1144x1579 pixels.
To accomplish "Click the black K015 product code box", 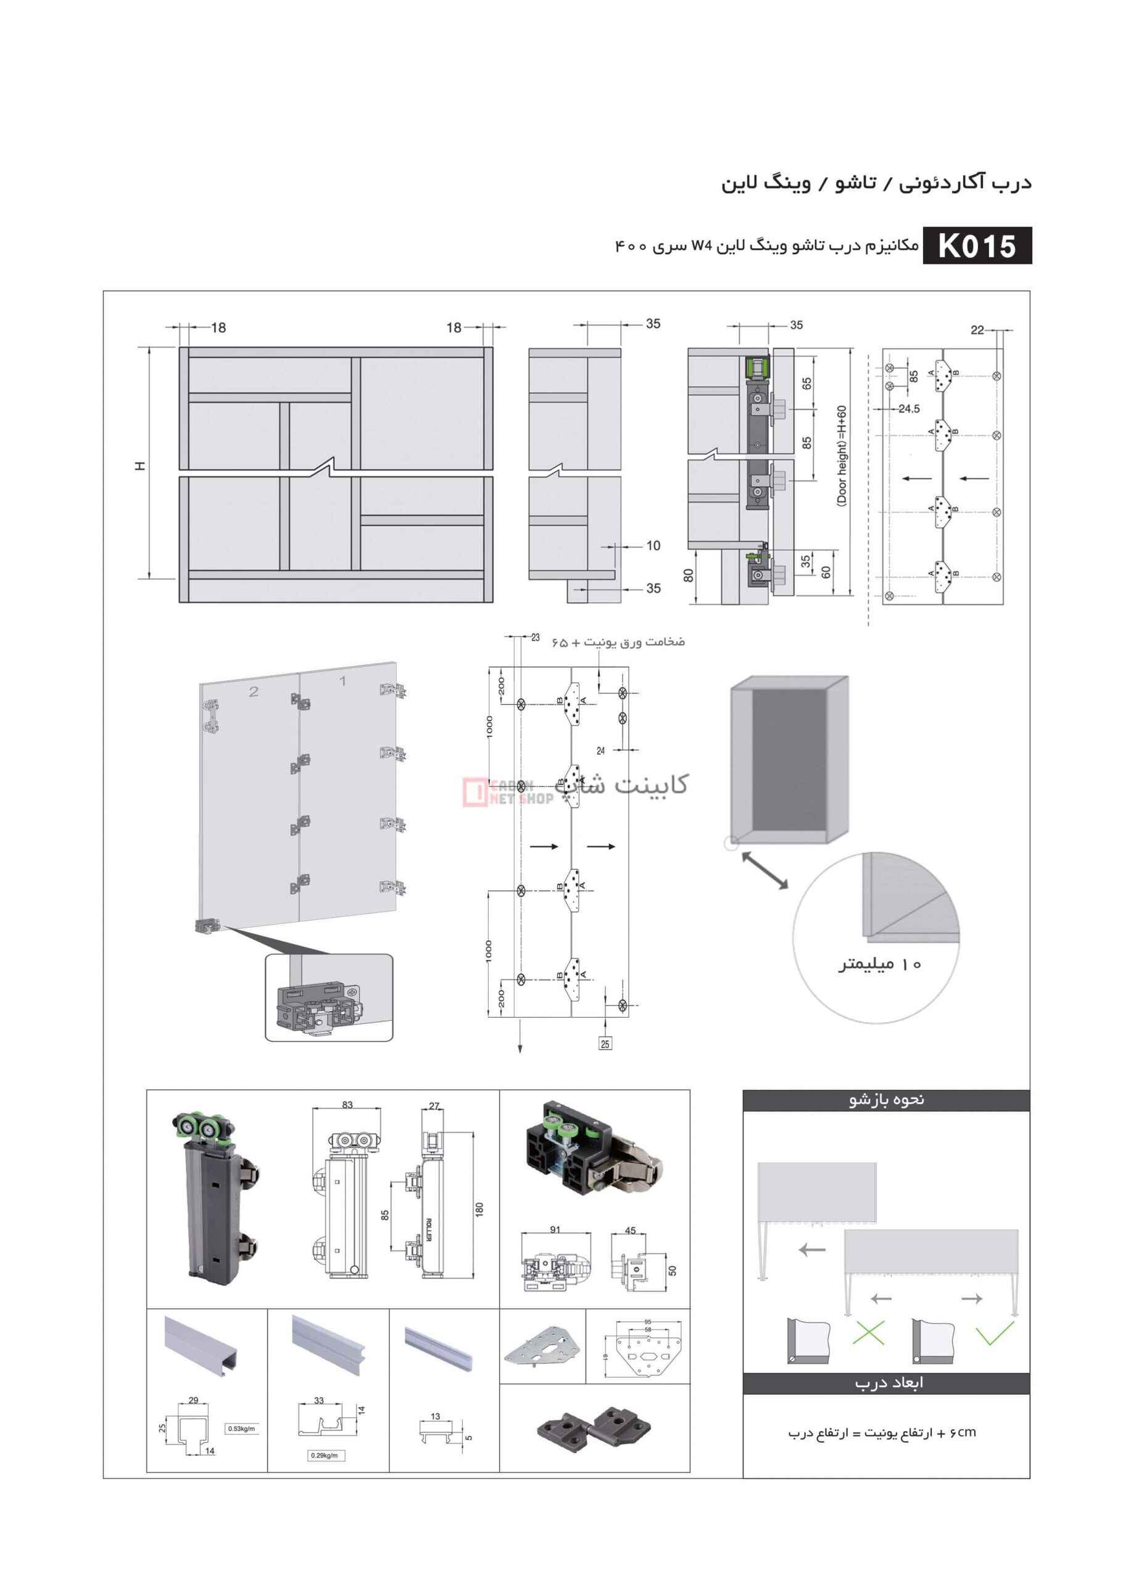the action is [x=977, y=245].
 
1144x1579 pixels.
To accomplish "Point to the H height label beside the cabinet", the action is [x=141, y=465].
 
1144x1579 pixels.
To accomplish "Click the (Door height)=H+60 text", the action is [x=841, y=456].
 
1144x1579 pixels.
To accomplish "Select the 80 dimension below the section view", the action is [x=689, y=575].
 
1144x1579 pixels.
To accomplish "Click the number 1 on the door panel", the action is [x=342, y=680].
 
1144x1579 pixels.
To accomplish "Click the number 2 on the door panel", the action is [x=254, y=691].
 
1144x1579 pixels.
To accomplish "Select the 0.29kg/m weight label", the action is [x=325, y=1455].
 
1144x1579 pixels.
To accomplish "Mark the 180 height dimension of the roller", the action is [x=479, y=1210].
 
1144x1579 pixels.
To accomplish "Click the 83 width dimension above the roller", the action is [x=347, y=1105].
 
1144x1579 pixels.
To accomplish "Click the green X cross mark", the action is [x=868, y=1332].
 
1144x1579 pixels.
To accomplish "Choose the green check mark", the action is [x=994, y=1332].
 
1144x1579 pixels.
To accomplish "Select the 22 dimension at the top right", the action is [x=977, y=330].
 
